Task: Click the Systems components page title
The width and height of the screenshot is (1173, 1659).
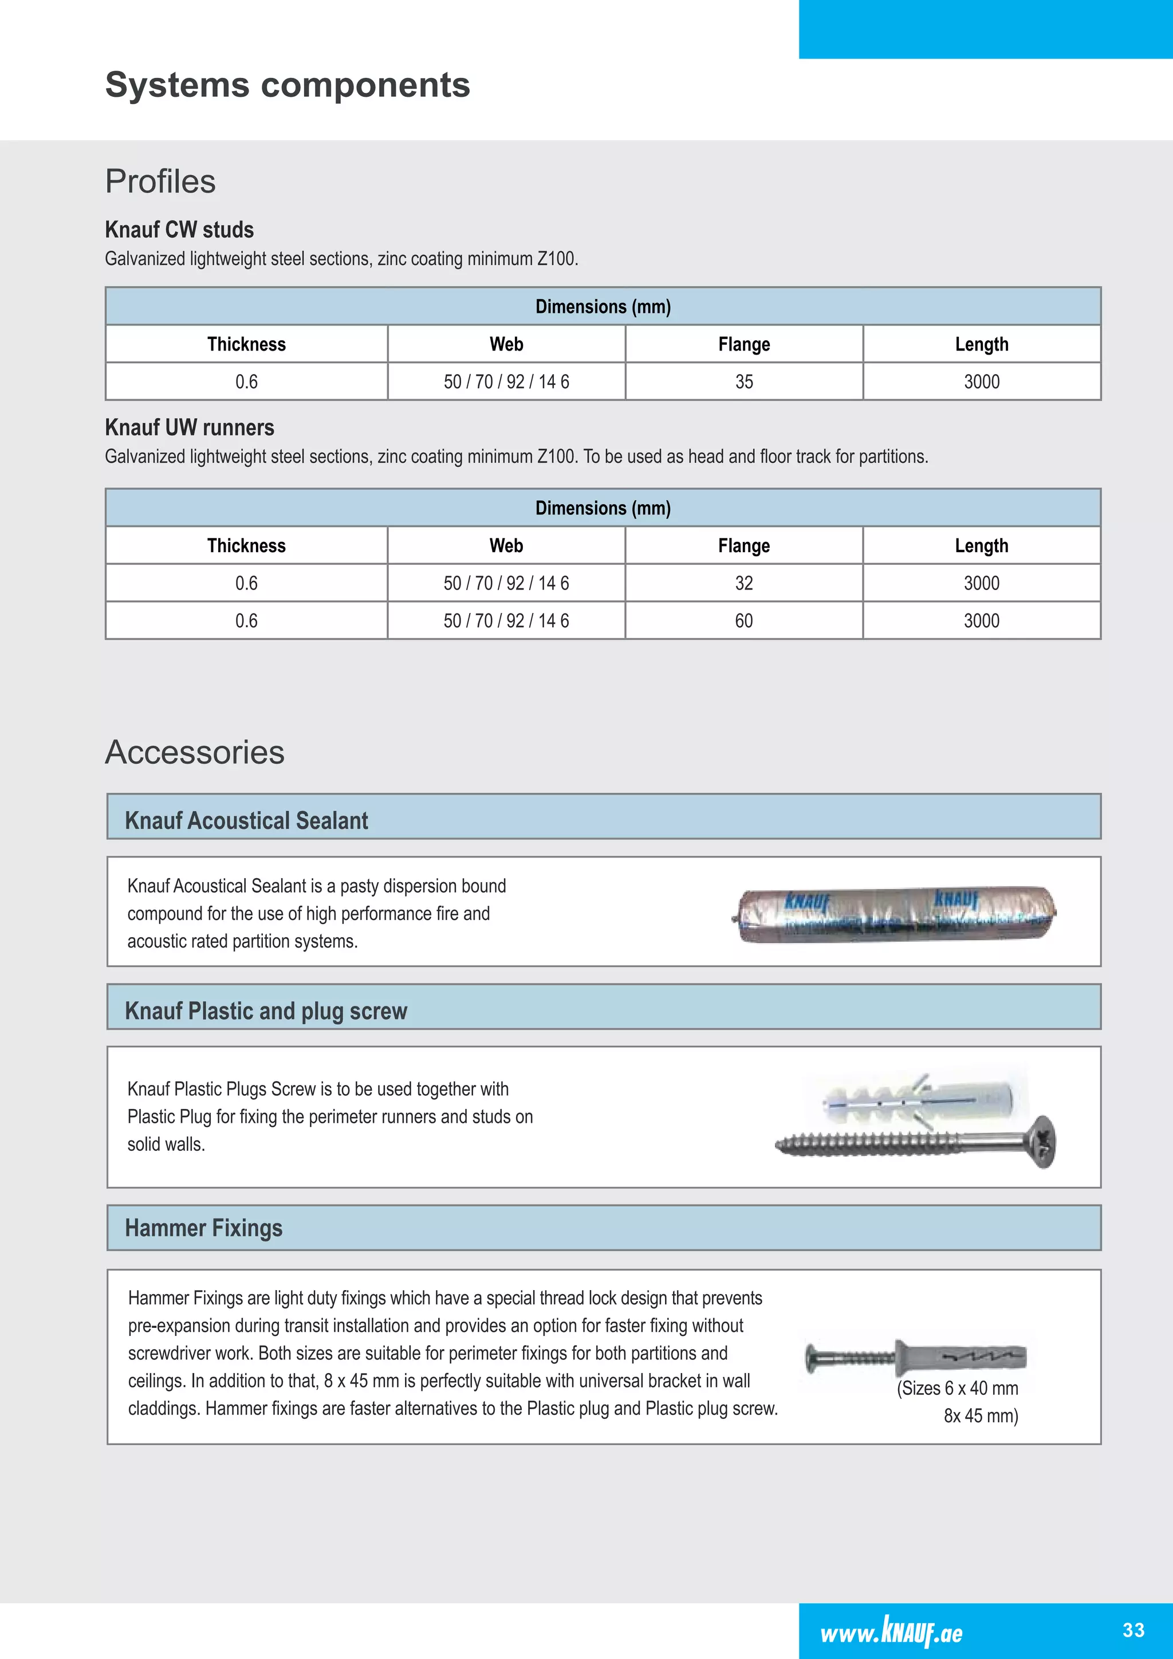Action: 288,85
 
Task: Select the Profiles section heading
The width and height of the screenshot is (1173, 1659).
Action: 160,182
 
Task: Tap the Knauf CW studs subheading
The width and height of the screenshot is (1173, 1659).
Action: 179,230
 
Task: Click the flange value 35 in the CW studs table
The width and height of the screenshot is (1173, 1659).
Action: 744,382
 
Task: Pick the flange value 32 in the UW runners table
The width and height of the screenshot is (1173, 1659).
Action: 744,583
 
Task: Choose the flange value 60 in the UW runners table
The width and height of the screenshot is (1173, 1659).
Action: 744,620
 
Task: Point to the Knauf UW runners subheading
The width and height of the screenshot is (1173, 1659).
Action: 189,428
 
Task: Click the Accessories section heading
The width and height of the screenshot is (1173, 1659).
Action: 195,752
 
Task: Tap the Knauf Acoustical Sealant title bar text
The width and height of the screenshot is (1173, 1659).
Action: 246,821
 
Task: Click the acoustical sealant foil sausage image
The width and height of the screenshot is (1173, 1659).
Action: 894,915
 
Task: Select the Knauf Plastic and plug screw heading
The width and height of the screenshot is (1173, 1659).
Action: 266,1011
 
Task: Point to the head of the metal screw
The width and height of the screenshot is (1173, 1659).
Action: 1043,1142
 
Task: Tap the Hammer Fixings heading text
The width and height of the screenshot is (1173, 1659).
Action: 204,1228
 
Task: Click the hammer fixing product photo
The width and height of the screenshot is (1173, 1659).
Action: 916,1357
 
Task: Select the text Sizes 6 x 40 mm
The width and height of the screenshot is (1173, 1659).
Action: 958,1389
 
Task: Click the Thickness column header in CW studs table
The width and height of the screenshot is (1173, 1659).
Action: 246,344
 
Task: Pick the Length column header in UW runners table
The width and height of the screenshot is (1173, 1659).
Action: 981,545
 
